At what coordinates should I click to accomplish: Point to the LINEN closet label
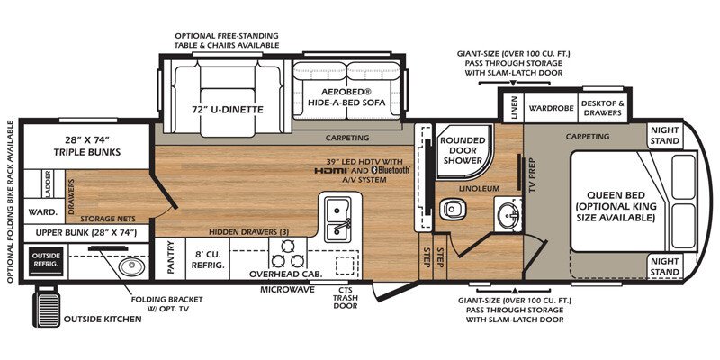tap(514, 107)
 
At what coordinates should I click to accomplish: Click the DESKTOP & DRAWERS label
tap(602, 108)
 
